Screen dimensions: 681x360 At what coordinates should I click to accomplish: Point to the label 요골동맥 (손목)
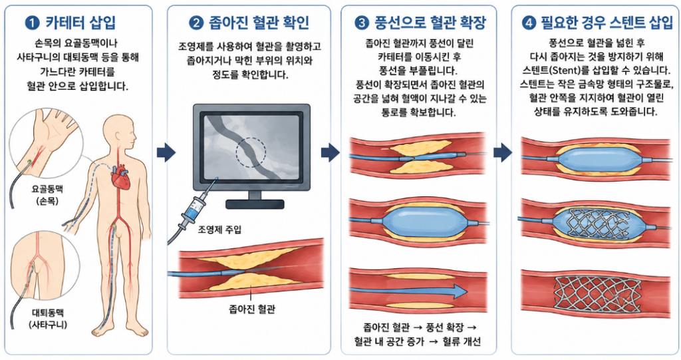click(47, 195)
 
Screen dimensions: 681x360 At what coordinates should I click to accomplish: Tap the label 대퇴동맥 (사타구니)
click(48, 319)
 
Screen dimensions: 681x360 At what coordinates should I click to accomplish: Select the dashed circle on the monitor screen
click(251, 152)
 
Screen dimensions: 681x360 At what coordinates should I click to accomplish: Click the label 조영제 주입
click(219, 229)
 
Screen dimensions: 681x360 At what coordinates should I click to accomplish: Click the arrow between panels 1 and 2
click(166, 152)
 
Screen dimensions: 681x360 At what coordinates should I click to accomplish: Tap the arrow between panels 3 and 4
click(503, 152)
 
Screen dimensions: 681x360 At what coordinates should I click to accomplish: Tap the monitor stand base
click(255, 204)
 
